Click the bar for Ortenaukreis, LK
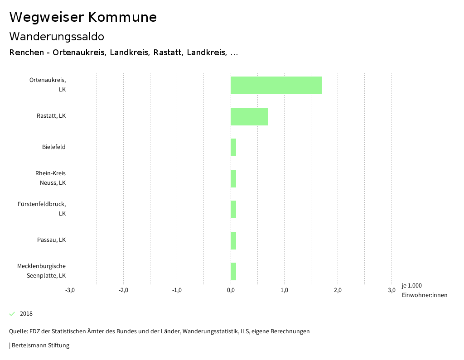[x=276, y=85]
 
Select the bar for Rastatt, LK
[x=249, y=116]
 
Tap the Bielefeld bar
[x=233, y=147]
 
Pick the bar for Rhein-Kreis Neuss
[x=233, y=178]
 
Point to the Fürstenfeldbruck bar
[x=233, y=209]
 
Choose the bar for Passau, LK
[x=233, y=240]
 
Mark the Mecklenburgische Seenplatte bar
[x=233, y=271]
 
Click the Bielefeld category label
[x=54, y=147]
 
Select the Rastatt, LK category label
[x=51, y=116]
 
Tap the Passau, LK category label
[x=51, y=240]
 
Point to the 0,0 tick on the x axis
[x=231, y=290]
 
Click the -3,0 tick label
[x=70, y=290]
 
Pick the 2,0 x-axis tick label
[x=338, y=290]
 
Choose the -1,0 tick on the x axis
[x=177, y=290]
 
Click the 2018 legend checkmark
[x=12, y=314]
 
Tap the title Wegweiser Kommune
[x=83, y=17]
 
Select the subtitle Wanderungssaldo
[x=57, y=36]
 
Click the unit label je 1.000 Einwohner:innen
[x=424, y=290]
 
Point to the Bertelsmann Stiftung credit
[x=40, y=346]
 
